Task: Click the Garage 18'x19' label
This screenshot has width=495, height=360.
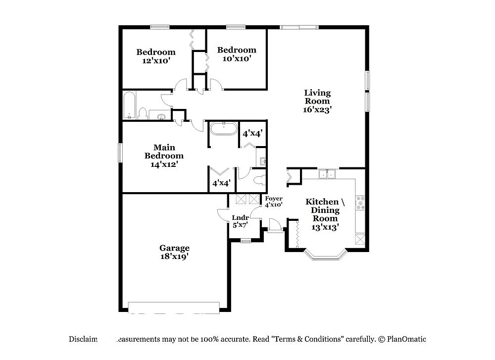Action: [174, 252]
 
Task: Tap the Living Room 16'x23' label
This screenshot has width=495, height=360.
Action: [317, 101]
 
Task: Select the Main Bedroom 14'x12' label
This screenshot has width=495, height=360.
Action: [164, 155]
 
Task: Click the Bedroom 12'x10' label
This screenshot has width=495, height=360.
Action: [156, 56]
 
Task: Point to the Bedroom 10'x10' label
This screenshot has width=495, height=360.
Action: [237, 54]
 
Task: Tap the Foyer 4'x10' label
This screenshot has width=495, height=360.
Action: [274, 201]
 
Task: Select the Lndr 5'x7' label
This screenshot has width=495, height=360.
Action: [240, 221]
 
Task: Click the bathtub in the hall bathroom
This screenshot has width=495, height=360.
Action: [130, 105]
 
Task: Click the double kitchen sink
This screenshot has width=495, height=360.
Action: [327, 174]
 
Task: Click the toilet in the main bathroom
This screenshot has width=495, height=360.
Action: [258, 179]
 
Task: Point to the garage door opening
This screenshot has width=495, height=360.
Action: [174, 306]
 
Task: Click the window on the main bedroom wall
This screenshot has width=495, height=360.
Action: [120, 152]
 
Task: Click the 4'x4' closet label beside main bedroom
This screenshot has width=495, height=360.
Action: [221, 183]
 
